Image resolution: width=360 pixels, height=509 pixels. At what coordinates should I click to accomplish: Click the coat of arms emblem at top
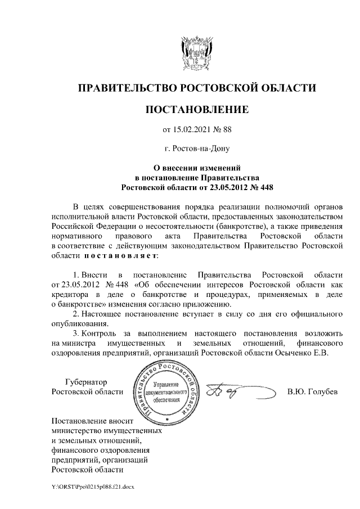tap(196, 52)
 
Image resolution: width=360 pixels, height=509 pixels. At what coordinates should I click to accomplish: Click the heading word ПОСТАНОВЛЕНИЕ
tap(197, 109)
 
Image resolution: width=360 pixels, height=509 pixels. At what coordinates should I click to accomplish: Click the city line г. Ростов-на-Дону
tap(197, 149)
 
